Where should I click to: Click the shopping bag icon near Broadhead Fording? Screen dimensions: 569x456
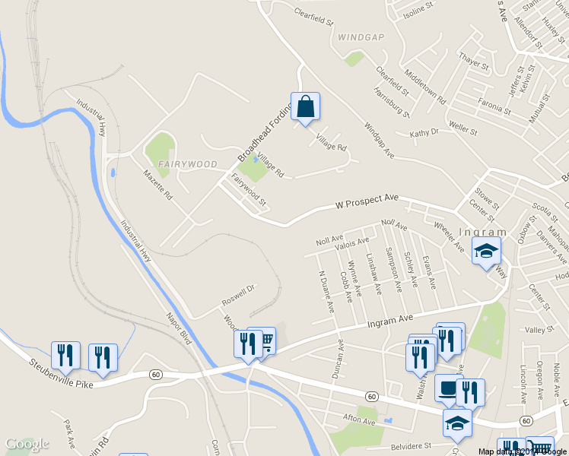point(305,109)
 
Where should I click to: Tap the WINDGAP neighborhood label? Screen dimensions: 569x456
point(362,36)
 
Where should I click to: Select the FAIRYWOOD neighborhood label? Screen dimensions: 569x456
point(188,164)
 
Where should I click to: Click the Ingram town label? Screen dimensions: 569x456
point(483,233)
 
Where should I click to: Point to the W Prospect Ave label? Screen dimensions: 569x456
point(367,201)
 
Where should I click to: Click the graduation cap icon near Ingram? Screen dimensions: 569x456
point(486,252)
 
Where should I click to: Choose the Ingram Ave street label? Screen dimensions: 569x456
point(389,316)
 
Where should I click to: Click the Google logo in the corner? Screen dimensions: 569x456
point(27,444)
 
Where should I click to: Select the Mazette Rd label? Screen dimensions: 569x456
point(158,185)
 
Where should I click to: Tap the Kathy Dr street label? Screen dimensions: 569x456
point(424,133)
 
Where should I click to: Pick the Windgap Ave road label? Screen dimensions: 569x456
point(378,141)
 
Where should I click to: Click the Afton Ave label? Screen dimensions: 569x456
point(359,420)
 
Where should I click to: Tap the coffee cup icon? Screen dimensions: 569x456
point(448,389)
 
